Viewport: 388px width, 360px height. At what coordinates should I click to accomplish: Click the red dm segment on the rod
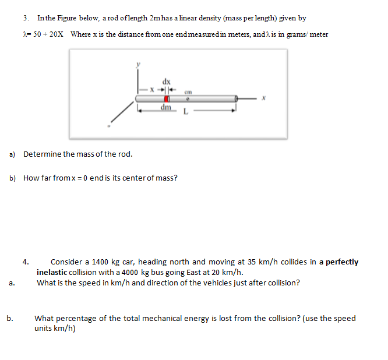coord(166,99)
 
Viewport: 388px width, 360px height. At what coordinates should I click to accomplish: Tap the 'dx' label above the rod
coord(167,81)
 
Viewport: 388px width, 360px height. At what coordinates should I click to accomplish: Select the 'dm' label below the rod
coord(166,108)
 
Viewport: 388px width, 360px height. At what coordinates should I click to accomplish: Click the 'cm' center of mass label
coord(188,91)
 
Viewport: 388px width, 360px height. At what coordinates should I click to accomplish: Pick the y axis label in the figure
coord(139,66)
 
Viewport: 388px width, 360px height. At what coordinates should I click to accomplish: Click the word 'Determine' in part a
coord(43,154)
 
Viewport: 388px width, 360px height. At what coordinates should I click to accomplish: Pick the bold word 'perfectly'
coord(342,262)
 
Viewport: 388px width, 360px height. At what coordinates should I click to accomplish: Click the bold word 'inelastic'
coord(54,272)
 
